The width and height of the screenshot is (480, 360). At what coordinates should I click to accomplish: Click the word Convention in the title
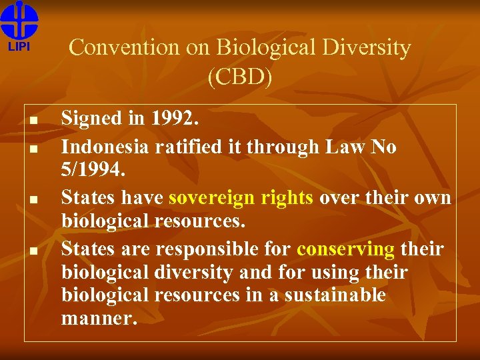(124, 47)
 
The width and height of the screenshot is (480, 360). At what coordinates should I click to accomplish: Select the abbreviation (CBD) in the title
(240, 77)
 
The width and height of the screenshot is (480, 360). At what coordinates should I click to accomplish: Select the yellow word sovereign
(211, 198)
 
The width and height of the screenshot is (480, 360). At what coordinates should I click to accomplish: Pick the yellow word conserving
(345, 249)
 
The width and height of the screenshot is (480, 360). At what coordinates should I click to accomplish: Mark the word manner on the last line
(99, 318)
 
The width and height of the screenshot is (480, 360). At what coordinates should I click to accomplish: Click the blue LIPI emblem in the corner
(19, 20)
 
